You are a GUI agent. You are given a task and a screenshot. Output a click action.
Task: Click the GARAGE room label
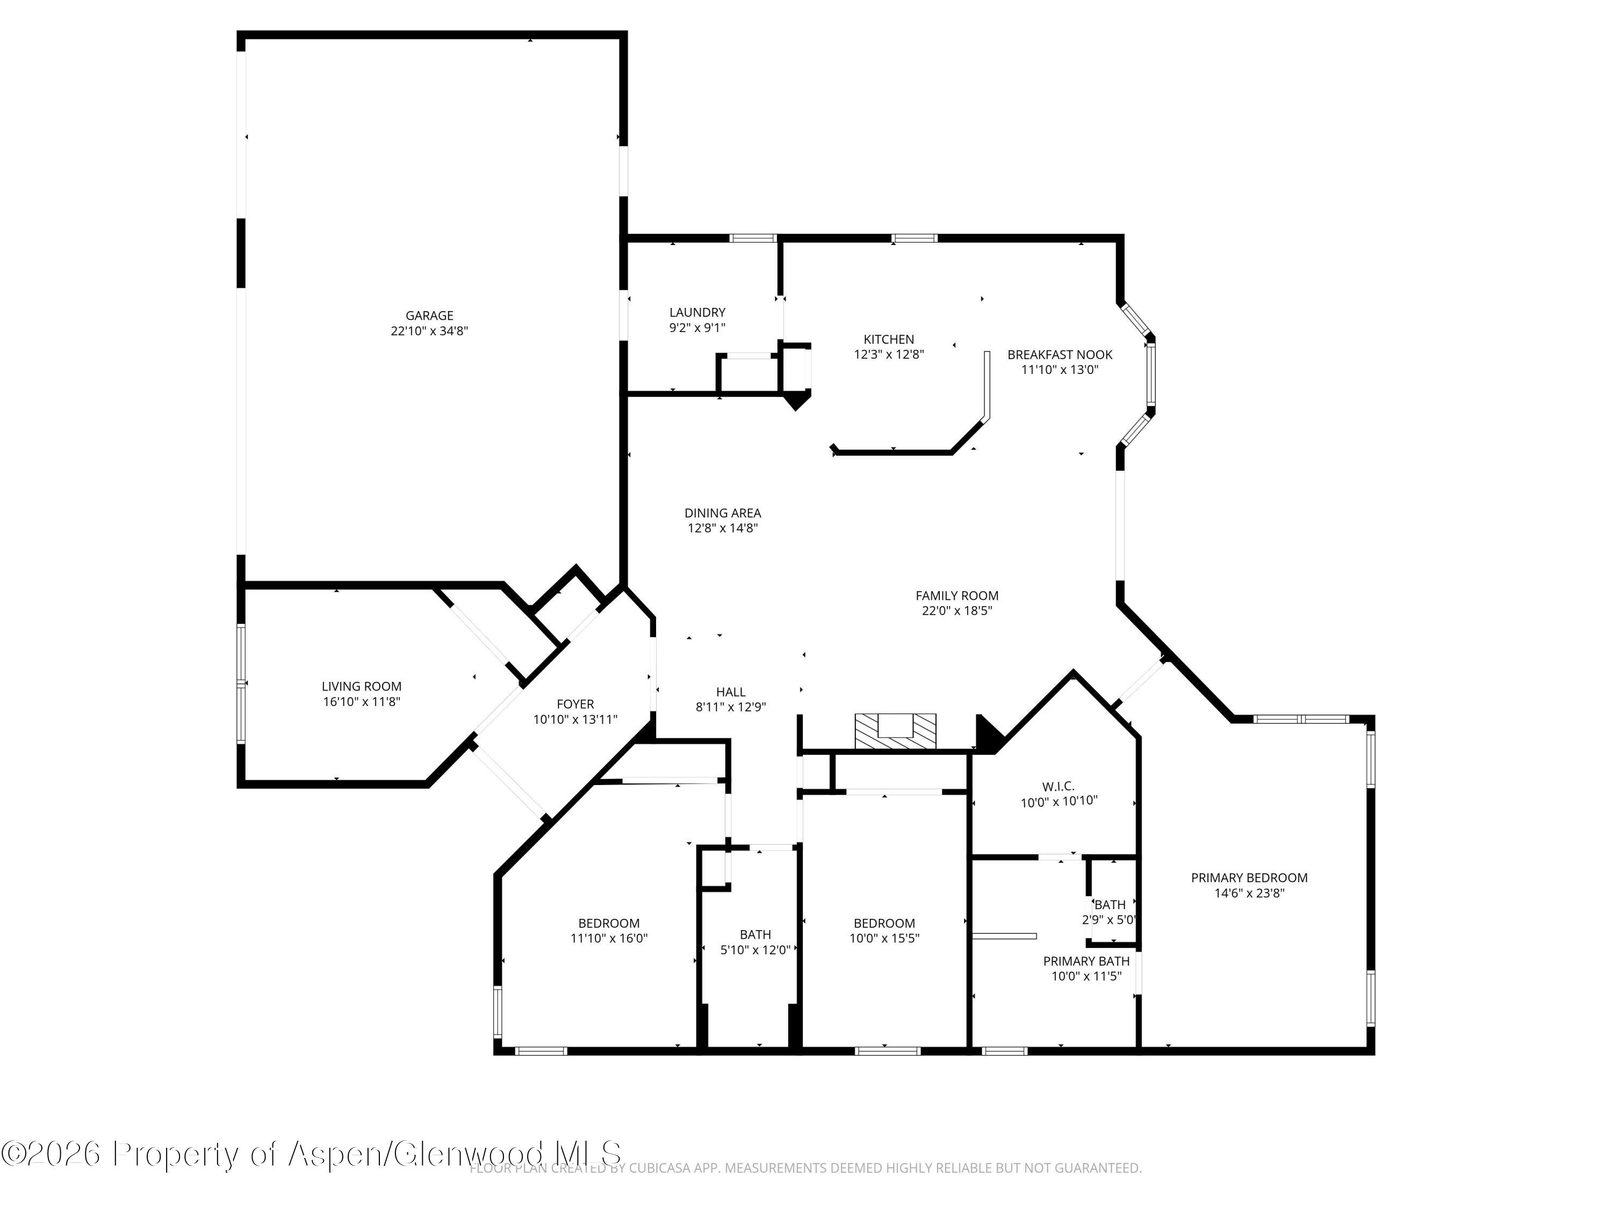(429, 315)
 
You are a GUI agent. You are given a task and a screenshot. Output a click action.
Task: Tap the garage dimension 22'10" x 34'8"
(429, 331)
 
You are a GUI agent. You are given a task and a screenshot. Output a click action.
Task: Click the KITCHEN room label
(888, 340)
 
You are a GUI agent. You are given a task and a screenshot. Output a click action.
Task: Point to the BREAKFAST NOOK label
(1060, 355)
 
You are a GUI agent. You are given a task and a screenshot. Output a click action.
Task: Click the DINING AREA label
(722, 513)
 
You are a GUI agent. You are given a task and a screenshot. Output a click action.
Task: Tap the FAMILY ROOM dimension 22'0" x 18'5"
(957, 611)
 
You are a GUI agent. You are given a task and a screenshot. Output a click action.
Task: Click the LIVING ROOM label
(362, 687)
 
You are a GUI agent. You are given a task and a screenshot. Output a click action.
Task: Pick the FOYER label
(575, 704)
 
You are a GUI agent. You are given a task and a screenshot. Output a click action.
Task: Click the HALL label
(730, 692)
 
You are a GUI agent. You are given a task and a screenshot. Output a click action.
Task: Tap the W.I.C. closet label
(1058, 786)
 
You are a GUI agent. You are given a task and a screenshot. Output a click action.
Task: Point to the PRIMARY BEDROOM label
(1249, 878)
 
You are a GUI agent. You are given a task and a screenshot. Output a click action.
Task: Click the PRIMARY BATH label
(1086, 961)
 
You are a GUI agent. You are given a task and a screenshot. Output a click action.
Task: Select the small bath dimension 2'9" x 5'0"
(1109, 920)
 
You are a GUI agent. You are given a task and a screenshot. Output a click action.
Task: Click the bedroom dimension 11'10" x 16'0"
(608, 939)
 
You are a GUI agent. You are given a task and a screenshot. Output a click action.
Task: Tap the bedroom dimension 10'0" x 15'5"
(884, 939)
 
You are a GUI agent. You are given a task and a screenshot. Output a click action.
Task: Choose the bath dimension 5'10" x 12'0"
(755, 951)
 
